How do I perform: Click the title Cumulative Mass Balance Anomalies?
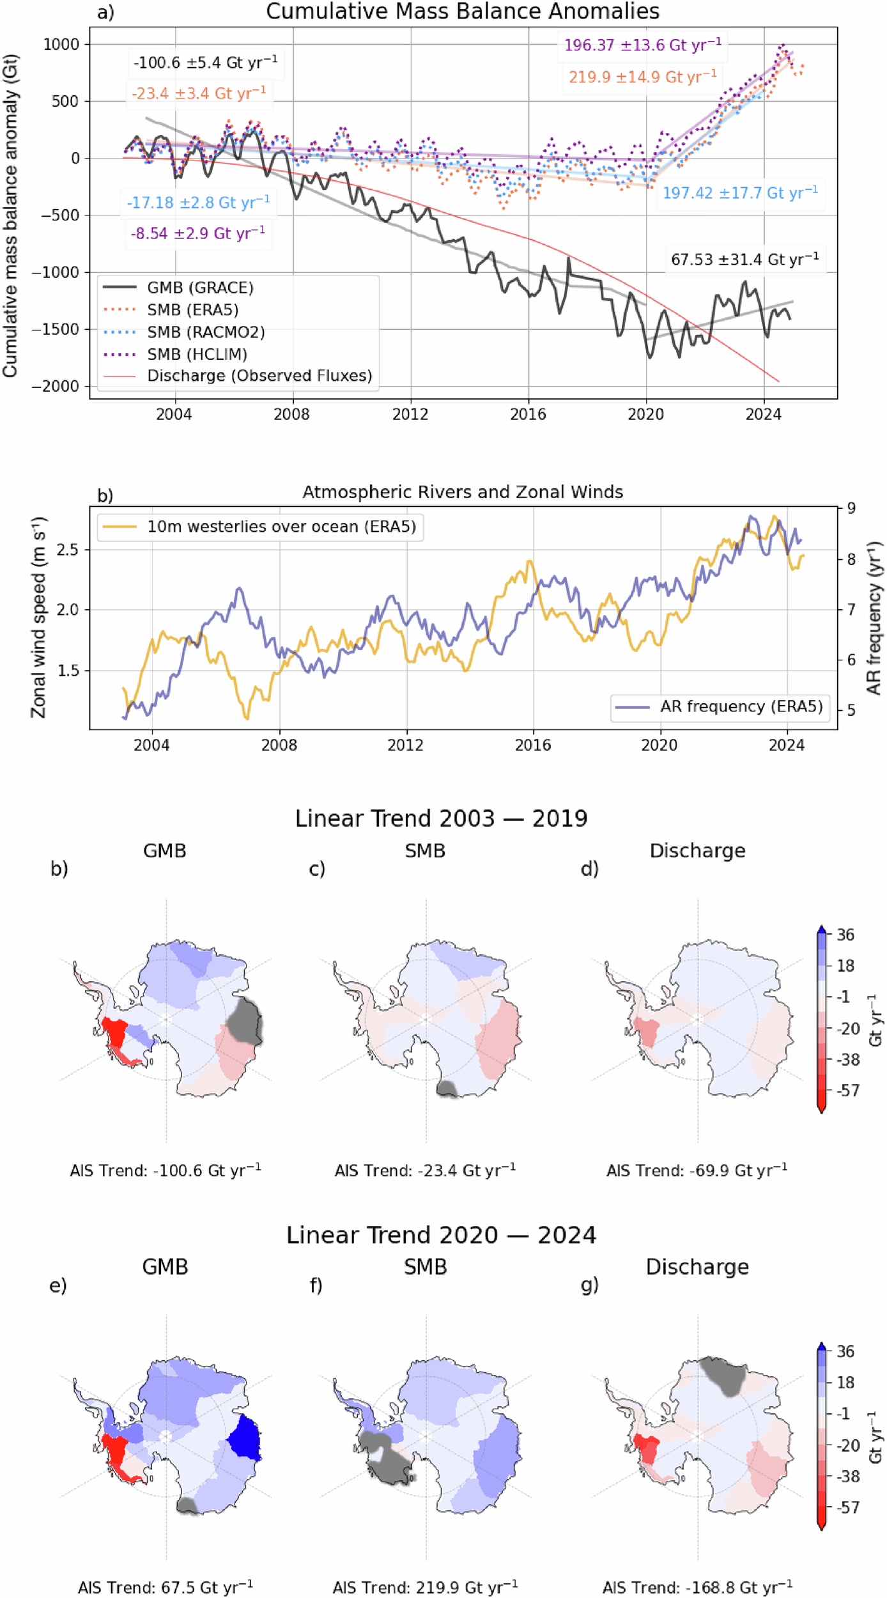(462, 11)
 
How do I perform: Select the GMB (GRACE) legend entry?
(200, 288)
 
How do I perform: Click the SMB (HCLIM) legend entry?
(197, 354)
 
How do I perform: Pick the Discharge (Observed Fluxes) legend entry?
(259, 376)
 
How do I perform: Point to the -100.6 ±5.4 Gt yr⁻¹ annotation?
(205, 63)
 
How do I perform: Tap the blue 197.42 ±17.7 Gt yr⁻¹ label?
(740, 193)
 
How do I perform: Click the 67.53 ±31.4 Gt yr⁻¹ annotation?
(744, 260)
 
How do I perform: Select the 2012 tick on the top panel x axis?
(410, 414)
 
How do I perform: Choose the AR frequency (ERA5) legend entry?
(741, 707)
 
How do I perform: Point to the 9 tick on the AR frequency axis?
(851, 509)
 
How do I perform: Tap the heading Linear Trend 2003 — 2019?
(441, 819)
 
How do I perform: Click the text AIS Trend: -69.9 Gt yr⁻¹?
(697, 1170)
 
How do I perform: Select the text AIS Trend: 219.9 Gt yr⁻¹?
(425, 1587)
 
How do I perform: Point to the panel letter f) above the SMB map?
(316, 1285)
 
